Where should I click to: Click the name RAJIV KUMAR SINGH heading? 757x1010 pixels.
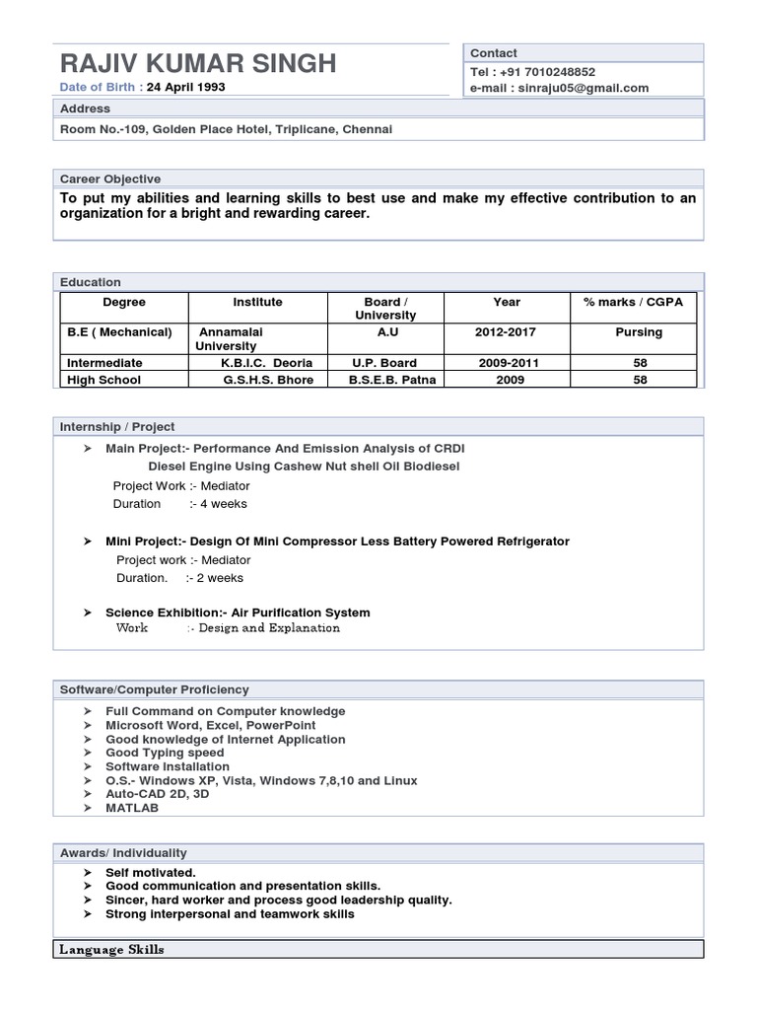tap(198, 64)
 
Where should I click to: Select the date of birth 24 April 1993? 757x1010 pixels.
tap(186, 87)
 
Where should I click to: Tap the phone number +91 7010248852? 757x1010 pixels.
tap(547, 72)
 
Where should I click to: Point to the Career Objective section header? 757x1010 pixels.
tap(110, 179)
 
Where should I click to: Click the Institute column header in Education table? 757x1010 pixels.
tap(257, 302)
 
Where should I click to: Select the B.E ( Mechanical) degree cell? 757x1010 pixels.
tap(119, 332)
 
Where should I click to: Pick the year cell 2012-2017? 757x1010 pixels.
tap(507, 332)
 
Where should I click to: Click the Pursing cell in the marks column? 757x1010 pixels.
tap(639, 332)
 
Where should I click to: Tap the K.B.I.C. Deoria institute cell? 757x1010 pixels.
tap(266, 363)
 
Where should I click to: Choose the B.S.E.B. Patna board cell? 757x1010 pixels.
tap(391, 380)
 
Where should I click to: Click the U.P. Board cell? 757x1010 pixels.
tap(384, 363)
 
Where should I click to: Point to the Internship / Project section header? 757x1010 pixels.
tap(117, 426)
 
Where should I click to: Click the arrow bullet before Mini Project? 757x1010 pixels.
tap(88, 541)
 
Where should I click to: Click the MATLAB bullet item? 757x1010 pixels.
tap(132, 808)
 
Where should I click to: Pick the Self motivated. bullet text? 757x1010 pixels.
tap(151, 873)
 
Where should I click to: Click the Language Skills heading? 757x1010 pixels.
tap(111, 950)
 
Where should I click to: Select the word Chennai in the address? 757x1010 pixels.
tap(367, 129)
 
